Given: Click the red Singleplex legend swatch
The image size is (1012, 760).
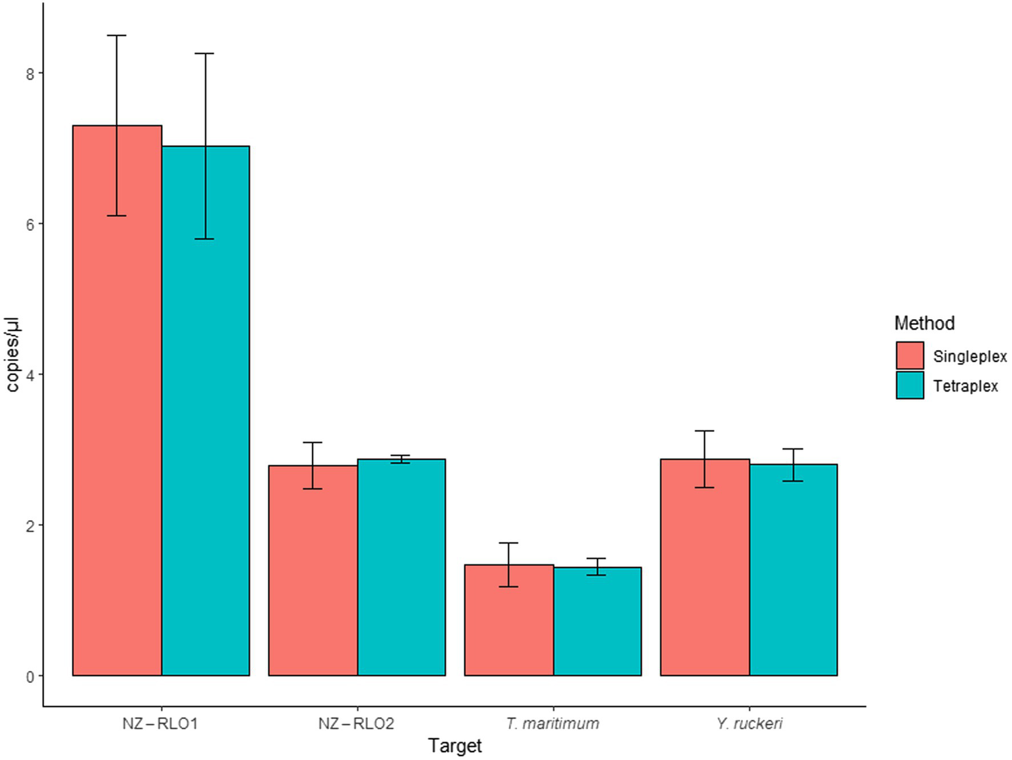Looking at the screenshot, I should [910, 356].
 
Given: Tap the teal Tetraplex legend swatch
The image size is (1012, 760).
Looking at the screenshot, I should [910, 386].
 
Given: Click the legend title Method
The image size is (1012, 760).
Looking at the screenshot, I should [924, 323].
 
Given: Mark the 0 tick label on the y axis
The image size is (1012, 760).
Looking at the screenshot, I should [30, 677].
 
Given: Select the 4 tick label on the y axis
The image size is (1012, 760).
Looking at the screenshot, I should [30, 375].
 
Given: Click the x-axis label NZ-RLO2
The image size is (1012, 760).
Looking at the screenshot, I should [356, 724].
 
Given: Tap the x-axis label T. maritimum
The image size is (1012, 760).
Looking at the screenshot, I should [552, 724].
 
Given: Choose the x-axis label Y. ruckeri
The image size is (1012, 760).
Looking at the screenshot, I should [749, 724].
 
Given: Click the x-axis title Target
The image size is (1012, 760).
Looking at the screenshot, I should [455, 746].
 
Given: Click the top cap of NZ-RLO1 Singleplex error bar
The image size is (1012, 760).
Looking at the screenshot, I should [117, 36].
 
